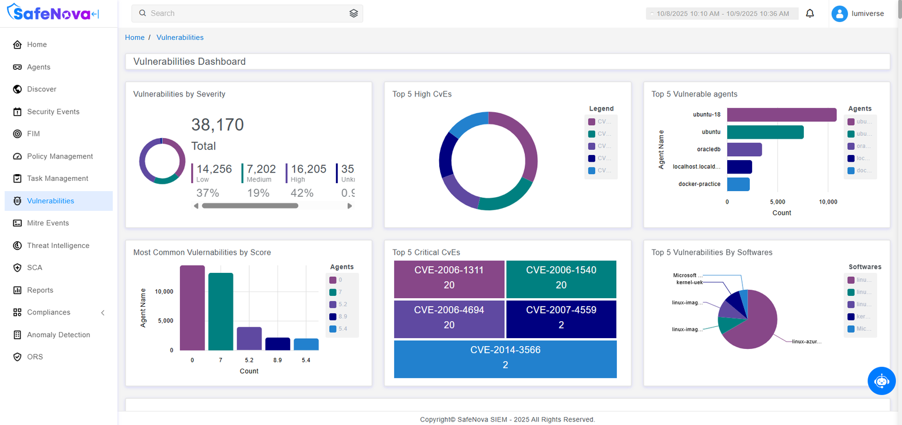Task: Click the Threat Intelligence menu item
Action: pyautogui.click(x=58, y=246)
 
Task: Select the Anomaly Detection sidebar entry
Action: pyautogui.click(x=58, y=335)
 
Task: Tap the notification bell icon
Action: pyautogui.click(x=810, y=14)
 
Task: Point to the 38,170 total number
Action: pyautogui.click(x=218, y=125)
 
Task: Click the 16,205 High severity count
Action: pyautogui.click(x=308, y=169)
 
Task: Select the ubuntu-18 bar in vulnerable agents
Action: pyautogui.click(x=781, y=115)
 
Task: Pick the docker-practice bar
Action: pyautogui.click(x=738, y=184)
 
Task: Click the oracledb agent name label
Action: pyautogui.click(x=709, y=149)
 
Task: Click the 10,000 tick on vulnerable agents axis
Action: pyautogui.click(x=828, y=202)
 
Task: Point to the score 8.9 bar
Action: pyautogui.click(x=277, y=344)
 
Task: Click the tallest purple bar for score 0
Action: pyautogui.click(x=192, y=308)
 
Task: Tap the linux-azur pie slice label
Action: pyautogui.click(x=806, y=342)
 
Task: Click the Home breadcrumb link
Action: pyautogui.click(x=135, y=38)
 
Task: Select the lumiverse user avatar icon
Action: pyautogui.click(x=839, y=14)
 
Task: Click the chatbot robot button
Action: pyautogui.click(x=881, y=381)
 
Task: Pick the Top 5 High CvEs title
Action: pyautogui.click(x=422, y=94)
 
